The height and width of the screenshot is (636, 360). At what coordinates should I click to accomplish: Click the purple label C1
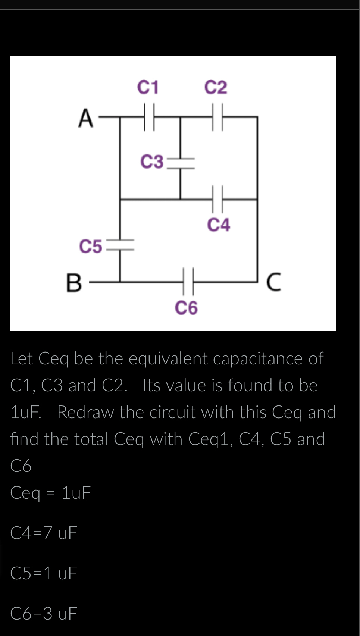148,87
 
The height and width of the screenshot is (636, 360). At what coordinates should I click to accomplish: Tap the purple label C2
216,87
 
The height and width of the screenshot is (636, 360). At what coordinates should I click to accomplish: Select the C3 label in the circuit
152,162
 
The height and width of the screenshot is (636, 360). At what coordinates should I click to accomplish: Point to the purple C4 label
219,225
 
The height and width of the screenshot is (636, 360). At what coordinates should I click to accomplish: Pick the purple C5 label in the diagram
90,247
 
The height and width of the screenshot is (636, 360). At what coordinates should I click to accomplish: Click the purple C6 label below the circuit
186,308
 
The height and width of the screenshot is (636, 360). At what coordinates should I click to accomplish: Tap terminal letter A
86,118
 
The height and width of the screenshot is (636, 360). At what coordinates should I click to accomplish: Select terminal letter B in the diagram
73,283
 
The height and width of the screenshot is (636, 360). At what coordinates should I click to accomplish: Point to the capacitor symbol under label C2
218,117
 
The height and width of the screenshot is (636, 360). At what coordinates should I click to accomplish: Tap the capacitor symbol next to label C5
120,245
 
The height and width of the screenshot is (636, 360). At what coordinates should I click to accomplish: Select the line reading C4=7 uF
44,533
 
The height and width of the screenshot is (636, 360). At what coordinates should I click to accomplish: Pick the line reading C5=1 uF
44,573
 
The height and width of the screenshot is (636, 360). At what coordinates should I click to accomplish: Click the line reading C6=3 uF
44,613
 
